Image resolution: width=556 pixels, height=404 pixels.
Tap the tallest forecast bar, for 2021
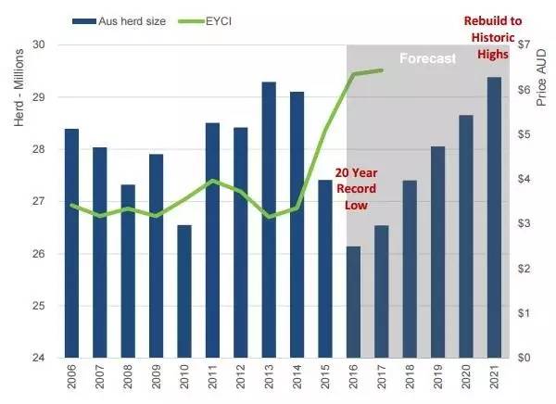pos(495,217)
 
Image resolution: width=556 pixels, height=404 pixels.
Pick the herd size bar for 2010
pos(184,291)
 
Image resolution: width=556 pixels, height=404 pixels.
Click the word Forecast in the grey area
pos(428,58)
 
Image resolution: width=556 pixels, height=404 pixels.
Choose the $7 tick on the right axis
pos(524,44)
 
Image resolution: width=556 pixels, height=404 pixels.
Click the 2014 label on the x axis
pos(297,381)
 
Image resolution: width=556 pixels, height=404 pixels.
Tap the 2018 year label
pos(411,381)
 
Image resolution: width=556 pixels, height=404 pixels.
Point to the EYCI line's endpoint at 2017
pos(382,69)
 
